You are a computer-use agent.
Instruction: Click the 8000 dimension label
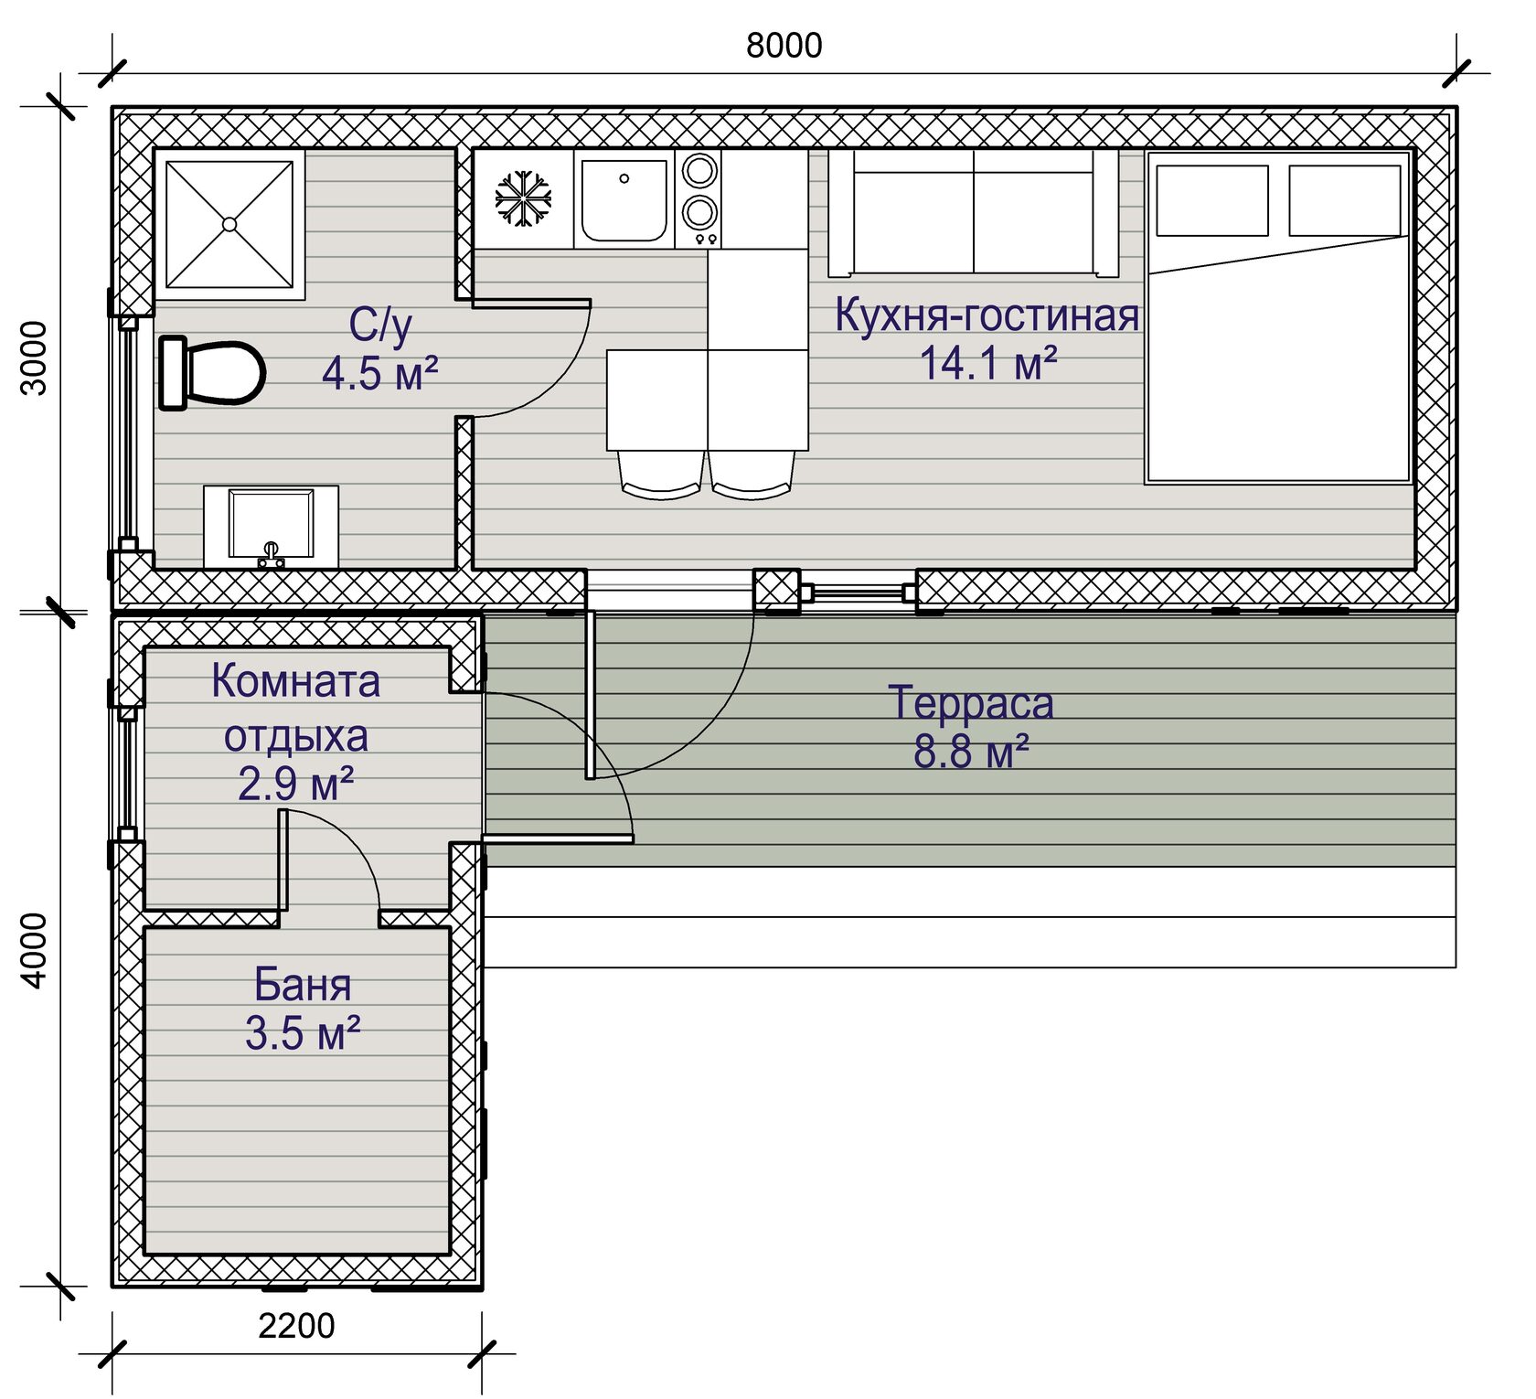[784, 45]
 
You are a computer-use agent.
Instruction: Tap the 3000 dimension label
[34, 358]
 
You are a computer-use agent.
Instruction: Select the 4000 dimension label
[34, 950]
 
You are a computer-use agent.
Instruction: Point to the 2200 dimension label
[296, 1325]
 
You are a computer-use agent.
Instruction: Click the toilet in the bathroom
[212, 373]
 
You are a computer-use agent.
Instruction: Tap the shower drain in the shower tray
[229, 224]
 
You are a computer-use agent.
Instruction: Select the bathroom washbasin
[271, 527]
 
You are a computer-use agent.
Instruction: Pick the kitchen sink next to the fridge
[624, 200]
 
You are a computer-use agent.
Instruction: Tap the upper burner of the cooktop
[699, 171]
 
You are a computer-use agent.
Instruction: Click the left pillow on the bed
[1212, 200]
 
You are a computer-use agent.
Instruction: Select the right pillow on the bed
[1345, 200]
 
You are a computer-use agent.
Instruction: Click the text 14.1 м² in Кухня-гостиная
[988, 363]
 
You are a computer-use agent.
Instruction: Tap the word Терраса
[971, 703]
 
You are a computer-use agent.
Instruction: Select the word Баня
[303, 985]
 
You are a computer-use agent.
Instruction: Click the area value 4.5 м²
[380, 373]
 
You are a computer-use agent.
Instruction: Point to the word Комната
[295, 681]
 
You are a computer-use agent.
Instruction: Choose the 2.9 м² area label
[296, 784]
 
